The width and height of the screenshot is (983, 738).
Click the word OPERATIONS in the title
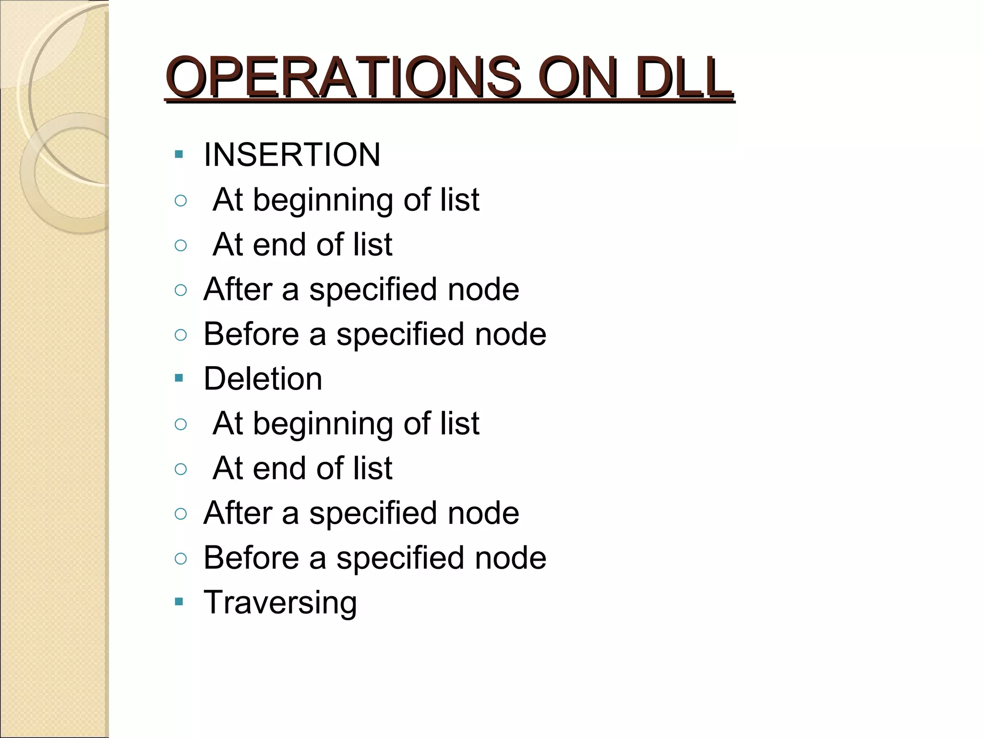point(343,77)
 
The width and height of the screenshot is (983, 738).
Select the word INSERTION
point(292,155)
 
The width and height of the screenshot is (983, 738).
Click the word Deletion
point(263,379)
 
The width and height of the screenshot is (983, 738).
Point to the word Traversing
point(280,603)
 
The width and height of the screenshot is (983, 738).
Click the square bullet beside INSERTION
point(179,155)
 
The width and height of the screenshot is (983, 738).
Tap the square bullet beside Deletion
point(179,379)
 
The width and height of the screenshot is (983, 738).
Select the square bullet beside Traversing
point(179,602)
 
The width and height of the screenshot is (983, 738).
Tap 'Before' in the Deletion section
point(251,558)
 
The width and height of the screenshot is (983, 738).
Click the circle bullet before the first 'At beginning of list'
point(180,200)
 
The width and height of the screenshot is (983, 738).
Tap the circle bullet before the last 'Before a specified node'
point(180,558)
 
